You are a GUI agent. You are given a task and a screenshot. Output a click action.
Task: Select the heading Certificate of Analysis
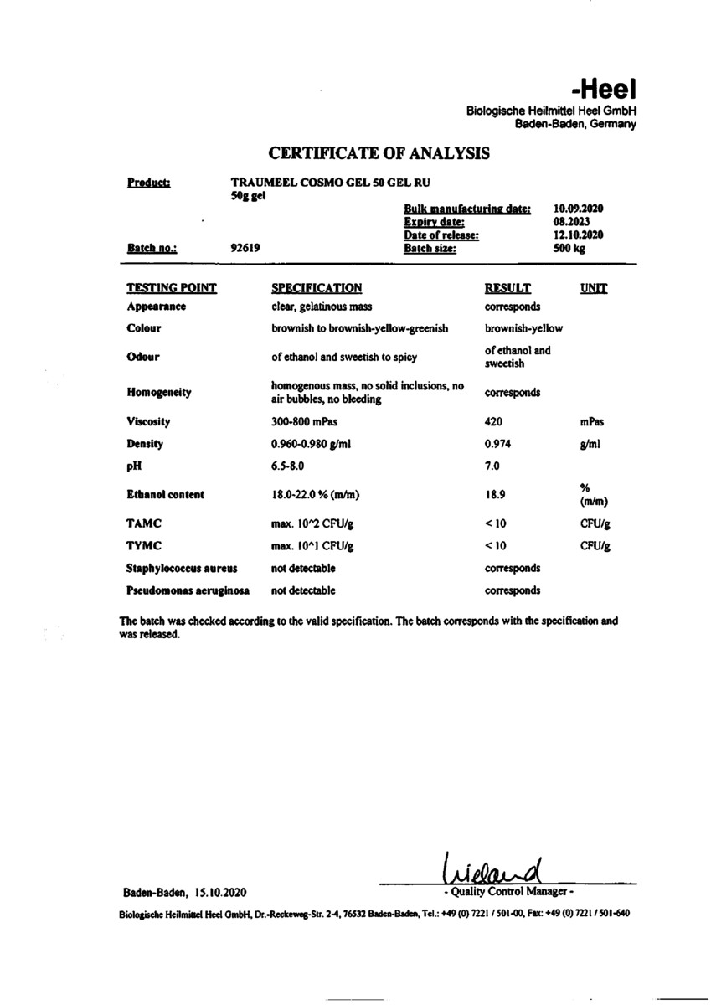(x=379, y=153)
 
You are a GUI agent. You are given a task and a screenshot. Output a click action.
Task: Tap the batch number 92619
(x=245, y=248)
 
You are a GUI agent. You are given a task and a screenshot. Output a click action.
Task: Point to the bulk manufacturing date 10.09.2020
(x=579, y=209)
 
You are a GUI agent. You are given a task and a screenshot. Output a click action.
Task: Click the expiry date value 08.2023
(x=572, y=222)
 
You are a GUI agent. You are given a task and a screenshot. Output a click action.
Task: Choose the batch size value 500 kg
(x=569, y=249)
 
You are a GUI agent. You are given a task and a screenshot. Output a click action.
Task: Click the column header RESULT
(x=507, y=288)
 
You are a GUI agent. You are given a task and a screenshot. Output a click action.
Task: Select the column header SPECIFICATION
(x=317, y=288)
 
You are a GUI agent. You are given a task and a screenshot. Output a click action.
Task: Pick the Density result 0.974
(x=497, y=444)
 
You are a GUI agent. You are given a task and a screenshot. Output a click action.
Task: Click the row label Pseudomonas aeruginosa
(x=188, y=590)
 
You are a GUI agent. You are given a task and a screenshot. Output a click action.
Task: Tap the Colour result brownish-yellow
(x=523, y=328)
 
